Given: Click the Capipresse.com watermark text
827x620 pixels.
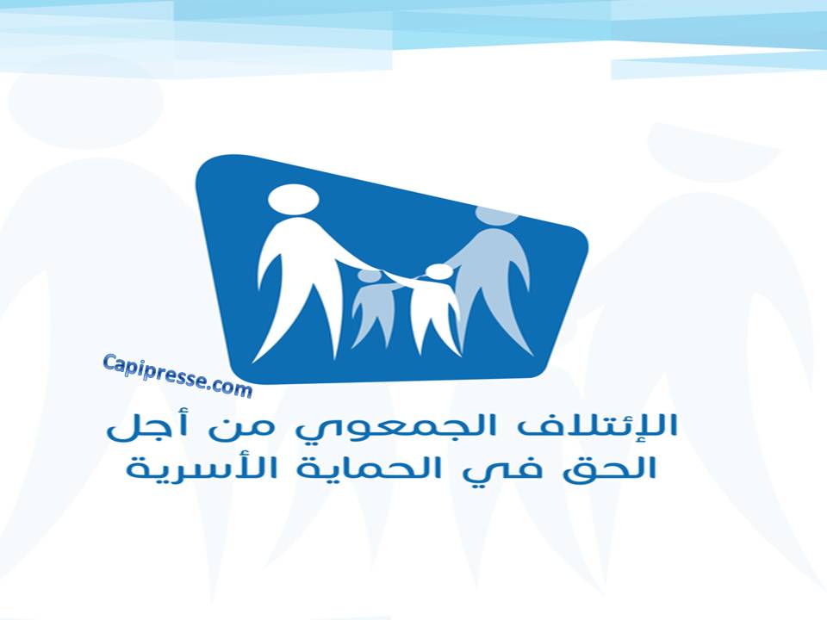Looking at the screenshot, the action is pos(177,375).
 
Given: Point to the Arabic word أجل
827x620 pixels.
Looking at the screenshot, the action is pos(141,426).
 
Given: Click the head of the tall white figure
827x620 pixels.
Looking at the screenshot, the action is pos(293,200).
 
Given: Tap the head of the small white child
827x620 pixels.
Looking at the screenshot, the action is pos(438,271).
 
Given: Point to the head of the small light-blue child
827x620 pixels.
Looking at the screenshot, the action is pos(369,276).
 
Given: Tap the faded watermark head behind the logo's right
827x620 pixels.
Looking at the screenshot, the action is pos(713,153).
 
